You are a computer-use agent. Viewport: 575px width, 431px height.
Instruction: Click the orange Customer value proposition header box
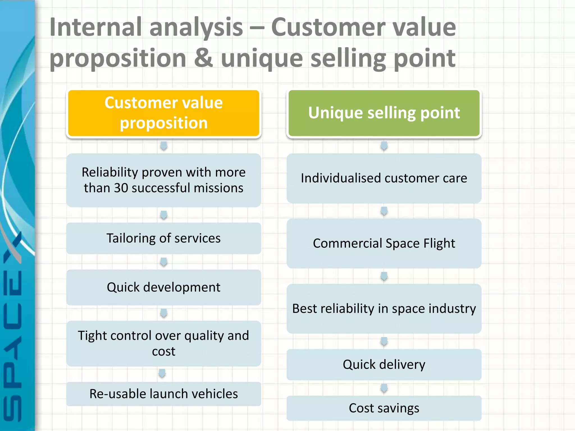164,113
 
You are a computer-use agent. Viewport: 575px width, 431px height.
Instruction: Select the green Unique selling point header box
384,113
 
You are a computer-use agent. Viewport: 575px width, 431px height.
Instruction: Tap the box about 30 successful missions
164,180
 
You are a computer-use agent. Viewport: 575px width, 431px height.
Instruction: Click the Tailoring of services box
164,238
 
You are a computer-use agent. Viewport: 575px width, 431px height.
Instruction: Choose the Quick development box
164,287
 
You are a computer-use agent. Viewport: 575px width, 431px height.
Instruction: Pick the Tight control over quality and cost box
164,343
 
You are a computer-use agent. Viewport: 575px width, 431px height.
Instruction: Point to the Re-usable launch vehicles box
164,394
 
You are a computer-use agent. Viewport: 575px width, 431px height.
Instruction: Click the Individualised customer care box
384,178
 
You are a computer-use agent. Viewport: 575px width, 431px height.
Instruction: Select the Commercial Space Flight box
384,243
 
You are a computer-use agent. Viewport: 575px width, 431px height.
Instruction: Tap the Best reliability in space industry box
384,308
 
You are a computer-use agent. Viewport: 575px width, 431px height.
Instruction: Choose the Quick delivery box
384,364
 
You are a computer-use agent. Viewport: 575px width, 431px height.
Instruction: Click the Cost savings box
384,408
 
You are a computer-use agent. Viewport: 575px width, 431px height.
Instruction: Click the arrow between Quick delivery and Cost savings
384,388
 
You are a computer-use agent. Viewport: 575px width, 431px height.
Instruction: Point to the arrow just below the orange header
164,146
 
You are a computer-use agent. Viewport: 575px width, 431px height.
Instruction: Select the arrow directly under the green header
384,146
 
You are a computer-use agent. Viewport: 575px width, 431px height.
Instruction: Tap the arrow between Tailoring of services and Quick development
164,262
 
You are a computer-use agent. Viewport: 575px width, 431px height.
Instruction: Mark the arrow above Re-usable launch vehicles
162,373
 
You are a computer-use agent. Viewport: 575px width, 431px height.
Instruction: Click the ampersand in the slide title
203,58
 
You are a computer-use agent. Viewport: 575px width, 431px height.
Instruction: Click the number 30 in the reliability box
121,188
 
